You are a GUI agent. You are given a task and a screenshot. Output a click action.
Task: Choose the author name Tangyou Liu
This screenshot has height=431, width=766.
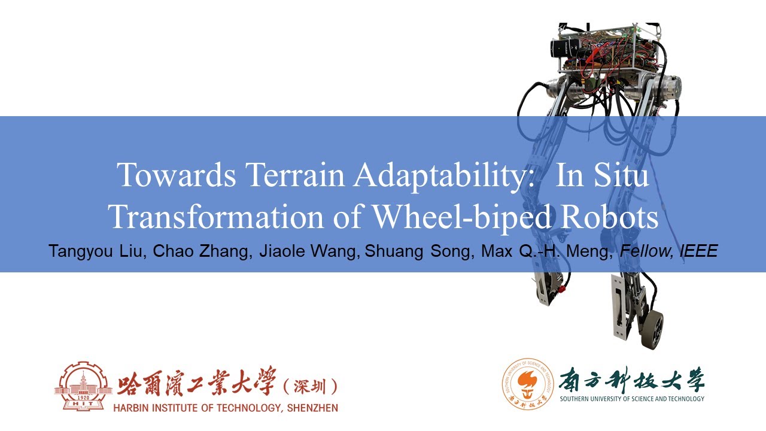coord(97,251)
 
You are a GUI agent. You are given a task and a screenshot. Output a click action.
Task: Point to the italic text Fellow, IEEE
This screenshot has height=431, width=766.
coord(668,251)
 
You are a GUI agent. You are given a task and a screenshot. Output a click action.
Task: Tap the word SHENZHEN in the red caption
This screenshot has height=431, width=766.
coord(309,408)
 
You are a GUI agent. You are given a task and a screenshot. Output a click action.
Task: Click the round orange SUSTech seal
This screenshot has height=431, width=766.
coord(526,384)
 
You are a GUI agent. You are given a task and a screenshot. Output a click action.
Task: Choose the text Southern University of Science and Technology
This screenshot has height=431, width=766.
coord(632,399)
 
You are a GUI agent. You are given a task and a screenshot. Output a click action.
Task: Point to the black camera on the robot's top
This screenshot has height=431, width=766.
coord(566,47)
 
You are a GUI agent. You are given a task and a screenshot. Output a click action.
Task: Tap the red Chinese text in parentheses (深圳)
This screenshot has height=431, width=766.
coord(309,386)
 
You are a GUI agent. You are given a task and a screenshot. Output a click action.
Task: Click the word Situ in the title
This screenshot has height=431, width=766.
coord(624,175)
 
